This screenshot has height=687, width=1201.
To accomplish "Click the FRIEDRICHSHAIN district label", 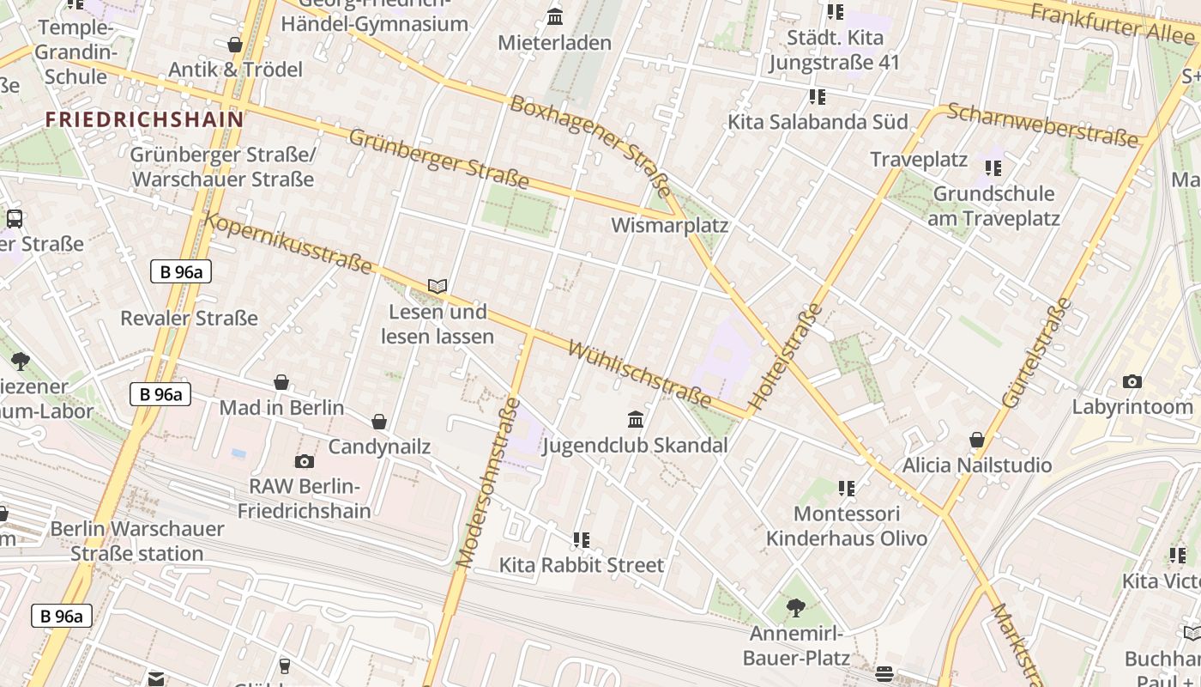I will pyautogui.click(x=144, y=119).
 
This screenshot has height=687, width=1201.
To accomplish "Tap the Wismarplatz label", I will pyautogui.click(x=669, y=226).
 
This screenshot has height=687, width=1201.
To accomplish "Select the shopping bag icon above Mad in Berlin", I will pyautogui.click(x=281, y=382).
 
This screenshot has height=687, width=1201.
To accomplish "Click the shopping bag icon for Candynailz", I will pyautogui.click(x=379, y=422).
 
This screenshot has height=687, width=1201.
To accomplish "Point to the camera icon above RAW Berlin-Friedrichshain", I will pyautogui.click(x=305, y=461).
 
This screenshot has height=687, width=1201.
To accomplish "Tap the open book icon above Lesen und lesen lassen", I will pyautogui.click(x=438, y=286).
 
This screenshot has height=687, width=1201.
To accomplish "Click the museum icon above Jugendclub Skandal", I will pyautogui.click(x=636, y=419).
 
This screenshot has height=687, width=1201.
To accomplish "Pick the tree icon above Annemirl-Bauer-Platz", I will pyautogui.click(x=796, y=608).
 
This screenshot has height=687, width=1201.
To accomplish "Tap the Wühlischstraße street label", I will pyautogui.click(x=640, y=375).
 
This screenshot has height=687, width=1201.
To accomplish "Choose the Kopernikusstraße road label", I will pyautogui.click(x=288, y=244).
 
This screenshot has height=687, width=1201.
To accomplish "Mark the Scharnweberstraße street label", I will pyautogui.click(x=1047, y=125).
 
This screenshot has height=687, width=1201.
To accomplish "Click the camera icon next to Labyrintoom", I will pyautogui.click(x=1132, y=381).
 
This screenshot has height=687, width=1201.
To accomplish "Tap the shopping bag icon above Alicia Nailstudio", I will pyautogui.click(x=976, y=441).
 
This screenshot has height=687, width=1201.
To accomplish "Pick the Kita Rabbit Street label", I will pyautogui.click(x=582, y=565).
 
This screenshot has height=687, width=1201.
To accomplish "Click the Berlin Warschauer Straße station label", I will pyautogui.click(x=137, y=541).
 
